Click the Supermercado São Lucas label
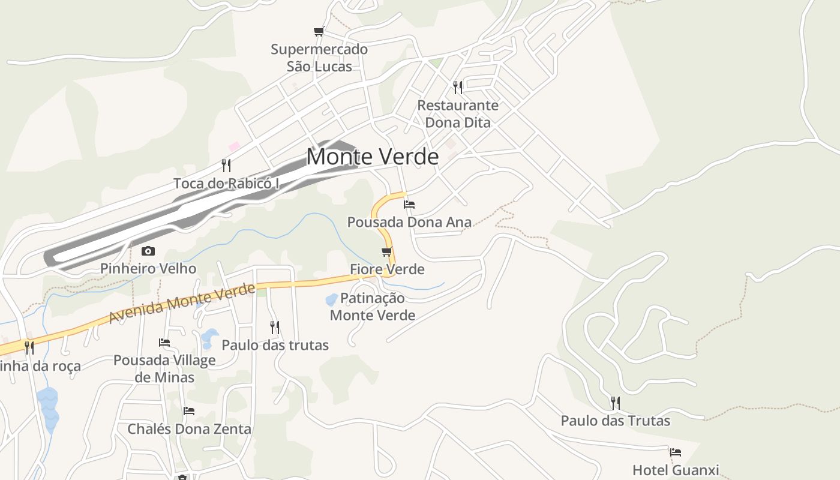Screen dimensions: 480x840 319,58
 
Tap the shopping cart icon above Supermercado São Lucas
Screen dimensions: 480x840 319,31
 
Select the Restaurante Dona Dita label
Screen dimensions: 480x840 458,114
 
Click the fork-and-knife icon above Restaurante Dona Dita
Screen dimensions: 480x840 458,88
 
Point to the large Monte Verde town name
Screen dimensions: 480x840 373,157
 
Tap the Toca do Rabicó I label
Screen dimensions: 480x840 227,183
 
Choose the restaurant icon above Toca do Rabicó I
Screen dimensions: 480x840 226,165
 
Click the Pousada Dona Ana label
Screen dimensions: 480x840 409,222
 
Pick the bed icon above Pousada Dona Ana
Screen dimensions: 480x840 409,205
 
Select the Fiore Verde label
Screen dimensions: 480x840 387,269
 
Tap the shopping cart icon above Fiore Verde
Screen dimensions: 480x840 387,251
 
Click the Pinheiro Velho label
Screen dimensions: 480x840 148,268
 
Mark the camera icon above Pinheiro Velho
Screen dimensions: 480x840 148,251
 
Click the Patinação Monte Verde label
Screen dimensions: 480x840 373,307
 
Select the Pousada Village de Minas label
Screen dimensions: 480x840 164,368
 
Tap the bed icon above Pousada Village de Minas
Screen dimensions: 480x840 164,343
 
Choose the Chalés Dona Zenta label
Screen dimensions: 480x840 189,429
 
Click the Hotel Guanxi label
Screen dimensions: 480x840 676,470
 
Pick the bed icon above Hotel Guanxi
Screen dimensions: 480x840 676,452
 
